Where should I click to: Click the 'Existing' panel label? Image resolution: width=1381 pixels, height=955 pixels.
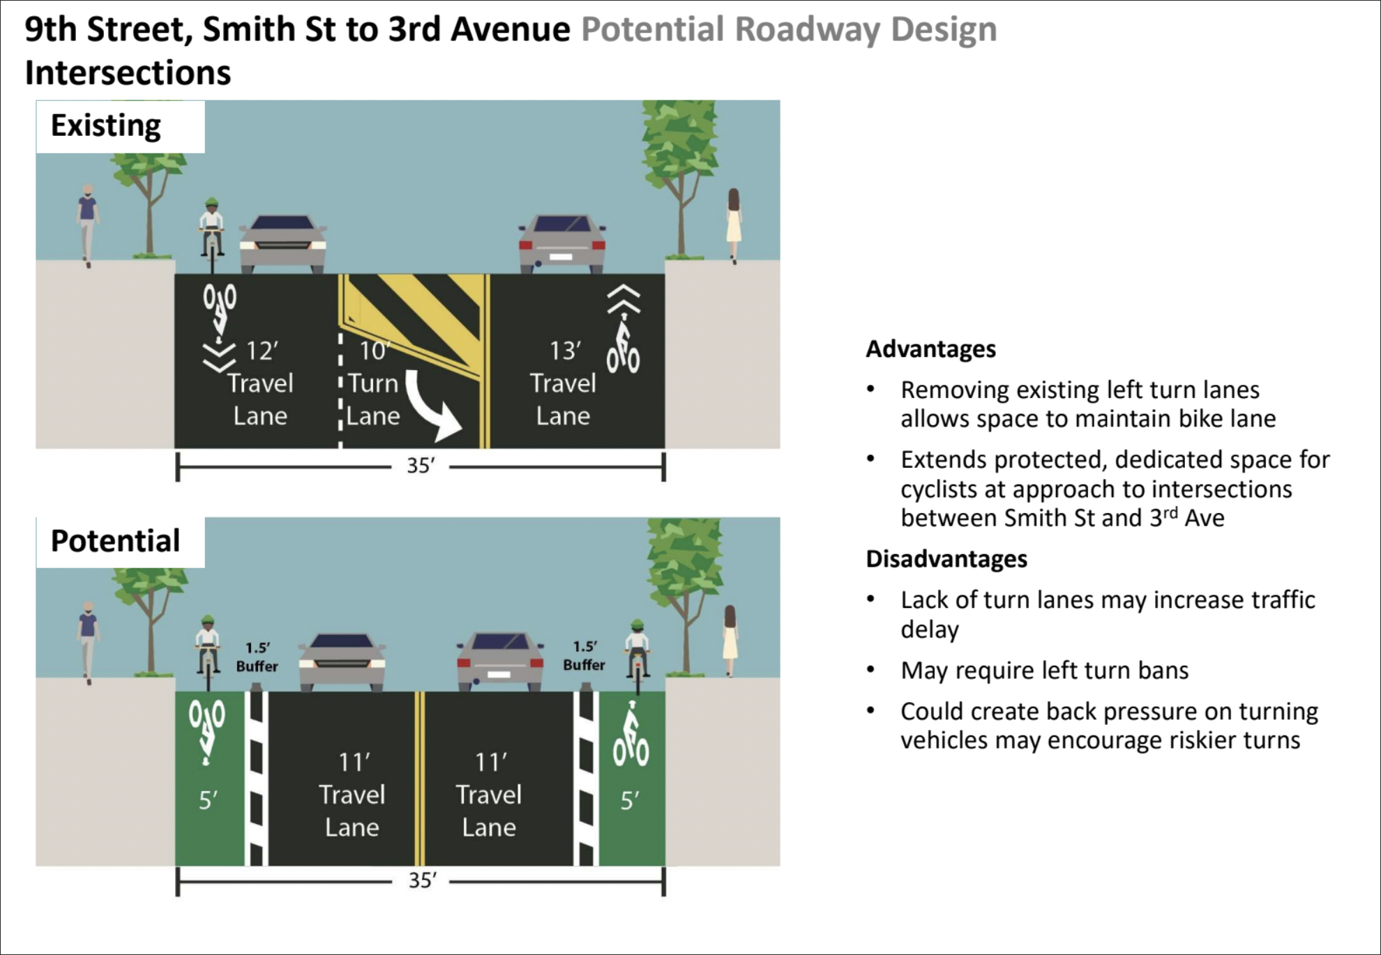coord(106,126)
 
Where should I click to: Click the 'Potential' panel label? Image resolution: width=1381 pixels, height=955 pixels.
coord(115,541)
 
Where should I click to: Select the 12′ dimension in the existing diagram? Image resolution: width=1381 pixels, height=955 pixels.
coord(262,351)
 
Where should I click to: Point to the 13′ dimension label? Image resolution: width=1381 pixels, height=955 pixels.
coord(565,351)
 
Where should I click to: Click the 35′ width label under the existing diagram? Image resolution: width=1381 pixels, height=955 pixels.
coord(421,465)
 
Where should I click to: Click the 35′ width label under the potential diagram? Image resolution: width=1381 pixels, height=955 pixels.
coord(422,880)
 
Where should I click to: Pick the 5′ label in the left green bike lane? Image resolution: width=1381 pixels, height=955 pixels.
coord(208,800)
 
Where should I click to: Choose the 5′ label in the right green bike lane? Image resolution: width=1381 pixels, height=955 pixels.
coord(630,800)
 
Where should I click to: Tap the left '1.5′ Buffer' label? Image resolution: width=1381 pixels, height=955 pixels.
coord(257,657)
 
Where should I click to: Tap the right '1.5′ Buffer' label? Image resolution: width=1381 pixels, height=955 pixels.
coord(584,656)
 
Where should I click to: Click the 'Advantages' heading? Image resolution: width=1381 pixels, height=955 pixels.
coord(930,349)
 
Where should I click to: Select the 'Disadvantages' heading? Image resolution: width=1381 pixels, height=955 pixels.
coord(946,559)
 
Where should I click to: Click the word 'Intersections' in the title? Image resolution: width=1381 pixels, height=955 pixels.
coord(128,72)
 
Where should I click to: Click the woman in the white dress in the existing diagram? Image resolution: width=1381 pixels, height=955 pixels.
coord(734,225)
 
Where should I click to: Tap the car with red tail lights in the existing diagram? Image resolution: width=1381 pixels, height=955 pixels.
coord(562,243)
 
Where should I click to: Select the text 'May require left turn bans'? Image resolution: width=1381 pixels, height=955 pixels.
coord(1044,671)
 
